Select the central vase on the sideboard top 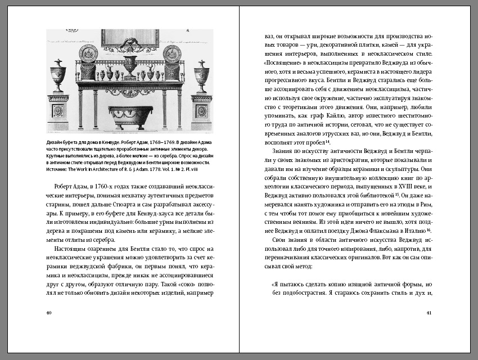click(x=130, y=66)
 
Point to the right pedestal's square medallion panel click(x=201, y=111)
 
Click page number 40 click(x=49, y=313)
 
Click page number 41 click(x=429, y=313)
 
